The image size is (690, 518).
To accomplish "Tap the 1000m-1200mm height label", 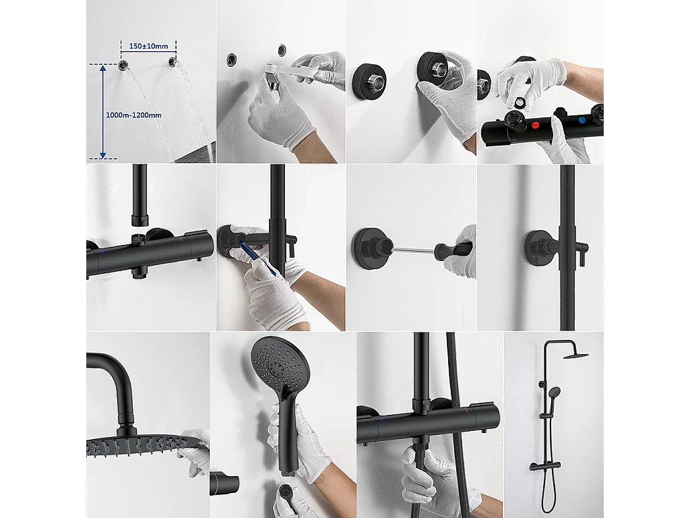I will point(134,115).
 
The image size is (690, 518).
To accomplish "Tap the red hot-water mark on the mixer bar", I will point(534,125).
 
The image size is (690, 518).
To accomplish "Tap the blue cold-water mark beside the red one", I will point(582,121).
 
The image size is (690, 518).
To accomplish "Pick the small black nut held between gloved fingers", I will point(521,101).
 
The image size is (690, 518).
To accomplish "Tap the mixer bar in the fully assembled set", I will point(549,465).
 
